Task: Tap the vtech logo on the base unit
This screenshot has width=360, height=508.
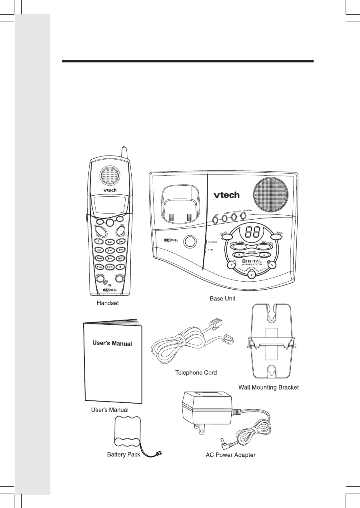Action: [226, 195]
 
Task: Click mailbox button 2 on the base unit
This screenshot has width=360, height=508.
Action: [251, 274]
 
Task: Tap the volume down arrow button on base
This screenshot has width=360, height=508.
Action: [239, 255]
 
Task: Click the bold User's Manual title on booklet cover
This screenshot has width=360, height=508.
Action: [112, 343]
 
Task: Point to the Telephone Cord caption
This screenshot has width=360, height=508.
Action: [196, 373]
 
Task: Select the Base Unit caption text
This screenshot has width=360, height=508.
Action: [223, 298]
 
